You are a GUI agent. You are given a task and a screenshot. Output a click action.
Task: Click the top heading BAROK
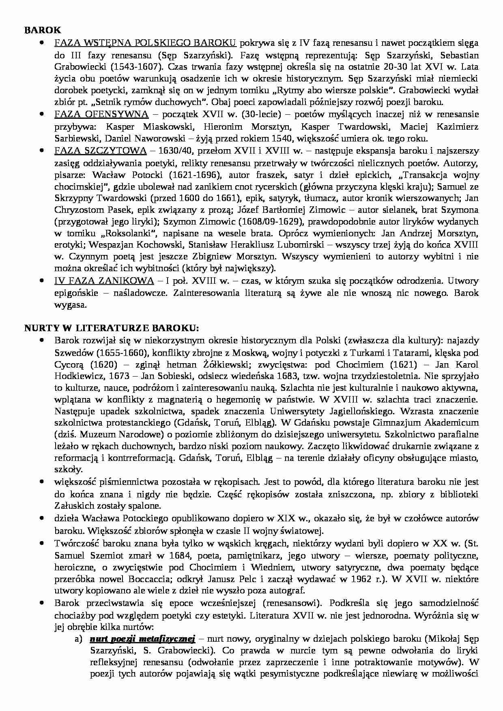(x=42, y=30)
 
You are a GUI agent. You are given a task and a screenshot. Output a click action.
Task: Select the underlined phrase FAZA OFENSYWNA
(x=101, y=114)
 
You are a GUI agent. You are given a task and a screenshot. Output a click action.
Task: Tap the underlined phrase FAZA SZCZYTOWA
(x=100, y=151)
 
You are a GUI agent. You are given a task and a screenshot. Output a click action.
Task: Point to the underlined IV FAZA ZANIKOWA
(x=104, y=281)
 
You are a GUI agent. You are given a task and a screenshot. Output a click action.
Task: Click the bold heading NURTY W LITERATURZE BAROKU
(x=111, y=328)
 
